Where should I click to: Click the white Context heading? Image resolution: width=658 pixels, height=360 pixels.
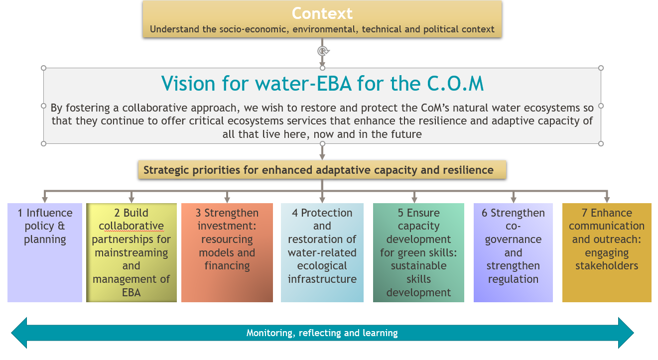point(322,13)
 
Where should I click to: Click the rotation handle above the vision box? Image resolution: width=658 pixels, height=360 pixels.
point(323,51)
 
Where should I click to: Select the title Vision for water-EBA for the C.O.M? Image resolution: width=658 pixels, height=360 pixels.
point(322,84)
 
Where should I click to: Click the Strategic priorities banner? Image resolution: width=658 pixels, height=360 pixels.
point(322,170)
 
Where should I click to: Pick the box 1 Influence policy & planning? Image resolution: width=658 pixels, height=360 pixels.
point(45,252)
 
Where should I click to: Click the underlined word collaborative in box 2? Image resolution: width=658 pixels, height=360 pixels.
point(131,226)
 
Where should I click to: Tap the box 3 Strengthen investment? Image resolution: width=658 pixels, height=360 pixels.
point(227,252)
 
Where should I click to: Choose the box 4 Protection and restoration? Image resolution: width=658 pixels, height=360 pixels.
point(322,252)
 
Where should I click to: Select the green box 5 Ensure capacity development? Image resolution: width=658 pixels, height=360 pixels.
point(418,252)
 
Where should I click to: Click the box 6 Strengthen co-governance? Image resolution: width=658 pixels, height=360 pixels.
point(513,252)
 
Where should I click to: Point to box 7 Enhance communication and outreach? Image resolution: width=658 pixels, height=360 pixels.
point(607,252)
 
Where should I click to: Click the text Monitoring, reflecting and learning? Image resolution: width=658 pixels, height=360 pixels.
point(322,333)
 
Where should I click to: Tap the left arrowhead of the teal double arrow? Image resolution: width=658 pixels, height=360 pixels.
point(19,333)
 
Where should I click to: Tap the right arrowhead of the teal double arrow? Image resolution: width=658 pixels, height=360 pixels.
point(626,333)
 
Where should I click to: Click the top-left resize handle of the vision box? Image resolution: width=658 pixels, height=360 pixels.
point(43,68)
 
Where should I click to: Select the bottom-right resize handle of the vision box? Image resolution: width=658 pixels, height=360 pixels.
point(601,143)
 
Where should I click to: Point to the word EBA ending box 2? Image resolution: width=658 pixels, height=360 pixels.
point(131,292)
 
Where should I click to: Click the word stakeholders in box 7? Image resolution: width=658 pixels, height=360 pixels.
point(607,266)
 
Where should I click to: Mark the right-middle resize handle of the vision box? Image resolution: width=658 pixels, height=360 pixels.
point(601,106)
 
